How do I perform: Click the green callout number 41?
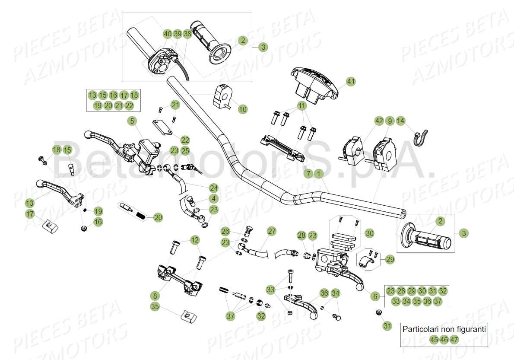tap(351, 81)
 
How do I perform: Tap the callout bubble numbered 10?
tap(243, 109)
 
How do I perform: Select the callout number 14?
tap(400, 121)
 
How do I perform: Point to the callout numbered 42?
tap(379, 121)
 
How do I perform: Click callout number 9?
tap(390, 121)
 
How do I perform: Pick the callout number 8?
tap(155, 296)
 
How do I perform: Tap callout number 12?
tap(195, 240)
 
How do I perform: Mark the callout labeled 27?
tap(271, 231)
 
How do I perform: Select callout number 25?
tap(185, 151)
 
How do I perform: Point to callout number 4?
tap(213, 199)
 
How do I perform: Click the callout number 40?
tap(167, 34)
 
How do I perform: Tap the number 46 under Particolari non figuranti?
tap(444, 340)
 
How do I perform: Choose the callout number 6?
tap(375, 296)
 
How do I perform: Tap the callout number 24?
tap(213, 188)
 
